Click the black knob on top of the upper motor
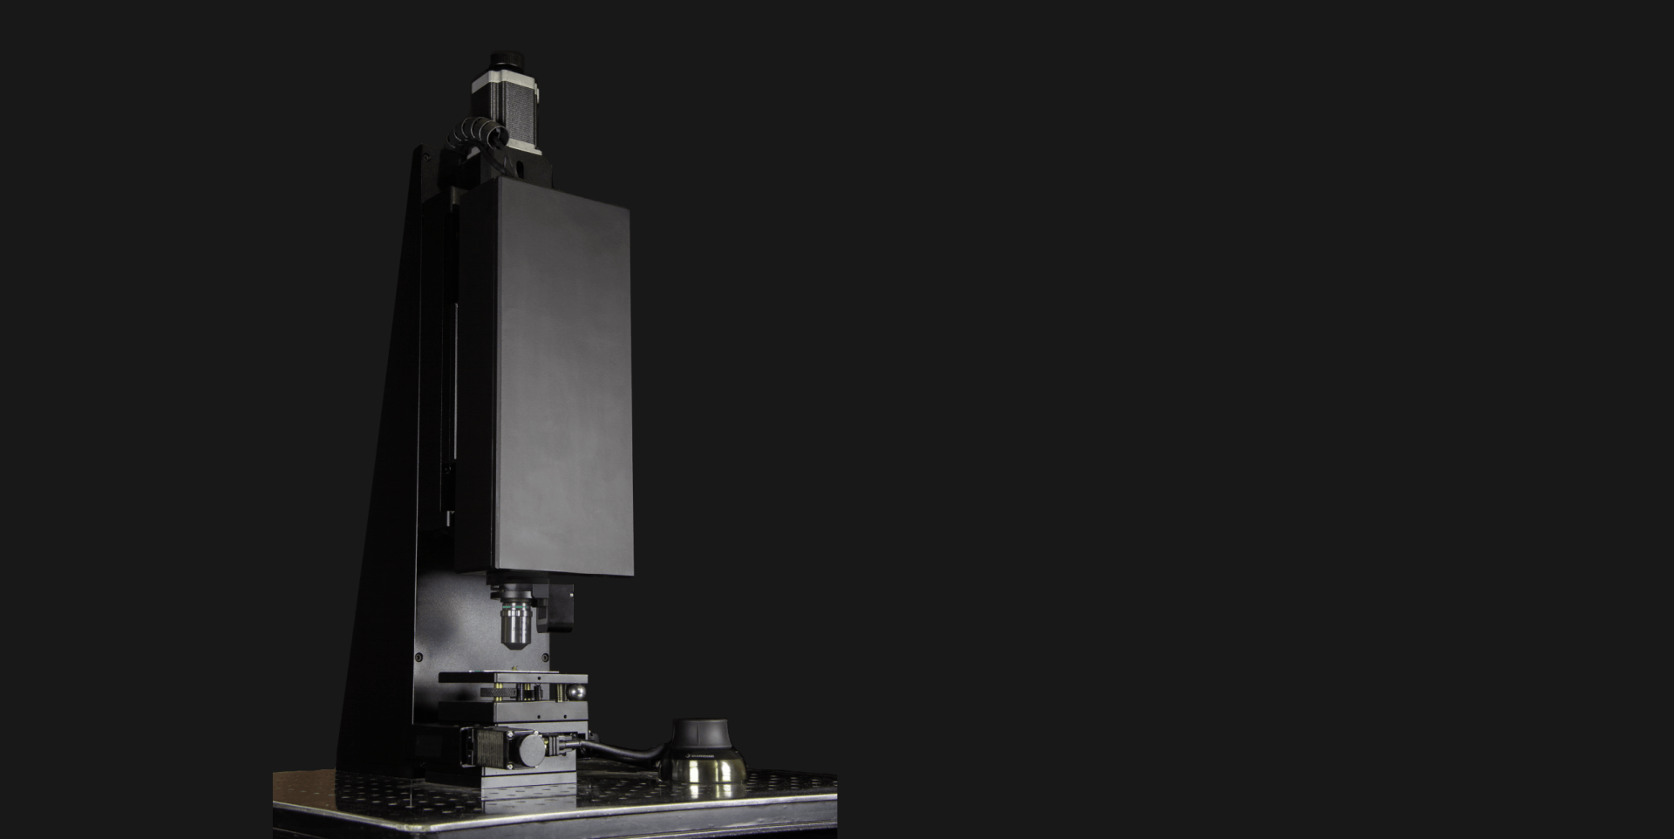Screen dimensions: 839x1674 505,59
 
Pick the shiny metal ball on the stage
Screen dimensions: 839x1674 576,692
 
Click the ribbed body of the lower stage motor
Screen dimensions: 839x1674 493,748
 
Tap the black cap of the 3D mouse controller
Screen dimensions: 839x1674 702,733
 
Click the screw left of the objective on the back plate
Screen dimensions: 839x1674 418,656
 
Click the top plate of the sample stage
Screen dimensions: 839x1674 513,678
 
